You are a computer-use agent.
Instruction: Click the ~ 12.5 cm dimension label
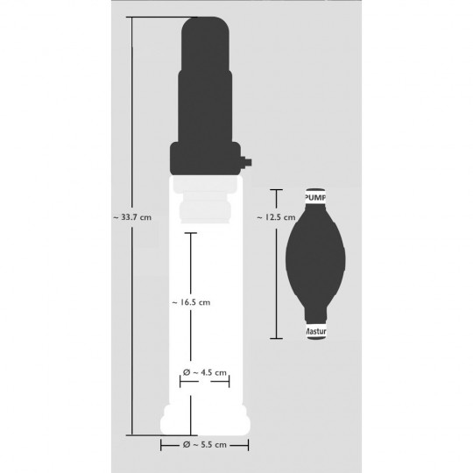click(272, 216)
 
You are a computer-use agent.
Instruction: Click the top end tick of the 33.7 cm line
click(133, 18)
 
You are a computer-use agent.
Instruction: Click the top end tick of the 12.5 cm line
click(277, 188)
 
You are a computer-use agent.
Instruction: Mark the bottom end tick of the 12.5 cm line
click(277, 338)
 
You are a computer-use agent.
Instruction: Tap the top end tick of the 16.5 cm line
click(190, 232)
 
